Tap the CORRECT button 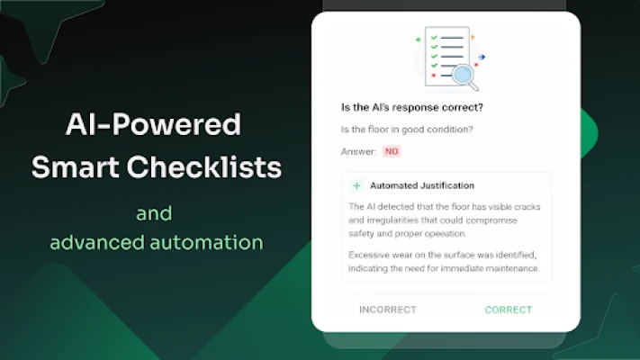pos(509,310)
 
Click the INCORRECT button pos(388,310)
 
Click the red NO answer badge pos(392,151)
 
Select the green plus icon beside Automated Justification pos(356,185)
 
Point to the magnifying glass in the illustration pos(465,76)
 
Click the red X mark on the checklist pos(434,76)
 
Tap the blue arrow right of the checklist pos(482,57)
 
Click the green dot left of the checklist pos(418,40)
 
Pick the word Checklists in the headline pos(204,166)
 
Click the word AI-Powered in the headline pos(153,124)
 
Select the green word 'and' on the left pos(154,213)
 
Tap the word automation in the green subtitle pos(206,242)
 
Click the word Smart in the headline pos(75,166)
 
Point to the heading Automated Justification pos(422,185)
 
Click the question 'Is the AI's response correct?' pos(412,107)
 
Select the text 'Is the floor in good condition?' pos(407,130)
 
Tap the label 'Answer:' pos(359,151)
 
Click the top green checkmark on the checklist pos(434,38)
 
